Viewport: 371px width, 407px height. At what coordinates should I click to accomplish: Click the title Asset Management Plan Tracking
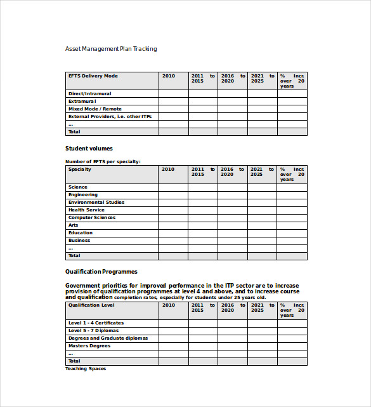(x=111, y=49)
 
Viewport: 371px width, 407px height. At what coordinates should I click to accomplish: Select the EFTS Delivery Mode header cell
(x=93, y=76)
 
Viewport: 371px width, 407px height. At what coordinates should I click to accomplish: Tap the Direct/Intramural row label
(x=89, y=94)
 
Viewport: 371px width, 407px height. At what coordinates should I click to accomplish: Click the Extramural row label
(x=82, y=102)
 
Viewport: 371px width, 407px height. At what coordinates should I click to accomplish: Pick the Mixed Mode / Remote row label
(x=94, y=109)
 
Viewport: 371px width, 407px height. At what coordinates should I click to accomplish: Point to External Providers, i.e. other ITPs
(x=110, y=117)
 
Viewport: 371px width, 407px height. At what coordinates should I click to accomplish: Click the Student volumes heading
(x=89, y=149)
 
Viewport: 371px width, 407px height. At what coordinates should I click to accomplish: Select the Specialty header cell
(x=80, y=170)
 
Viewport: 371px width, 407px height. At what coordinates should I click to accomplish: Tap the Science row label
(x=78, y=187)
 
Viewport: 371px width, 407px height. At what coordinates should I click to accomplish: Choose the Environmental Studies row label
(x=96, y=203)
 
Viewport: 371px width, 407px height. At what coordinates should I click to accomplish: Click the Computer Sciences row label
(x=92, y=218)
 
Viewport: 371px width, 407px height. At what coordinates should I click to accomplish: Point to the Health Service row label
(x=86, y=210)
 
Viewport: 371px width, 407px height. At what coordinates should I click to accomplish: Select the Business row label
(x=79, y=241)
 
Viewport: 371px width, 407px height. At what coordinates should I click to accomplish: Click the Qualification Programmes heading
(x=101, y=272)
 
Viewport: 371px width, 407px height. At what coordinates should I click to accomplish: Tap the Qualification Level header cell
(x=91, y=305)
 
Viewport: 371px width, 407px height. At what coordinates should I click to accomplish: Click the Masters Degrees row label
(x=89, y=346)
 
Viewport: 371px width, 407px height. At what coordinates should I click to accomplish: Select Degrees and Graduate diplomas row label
(x=108, y=338)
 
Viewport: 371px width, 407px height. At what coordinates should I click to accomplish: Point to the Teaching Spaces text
(x=86, y=369)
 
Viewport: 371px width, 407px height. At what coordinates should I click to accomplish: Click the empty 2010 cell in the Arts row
(x=173, y=225)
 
